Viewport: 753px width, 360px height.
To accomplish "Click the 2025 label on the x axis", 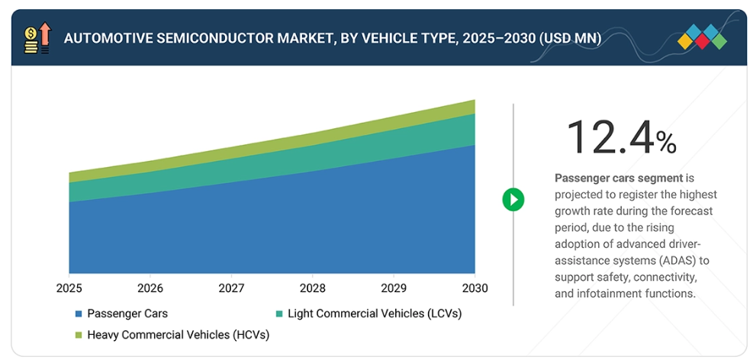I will point(69,289).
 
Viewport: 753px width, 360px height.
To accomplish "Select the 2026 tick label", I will point(150,289).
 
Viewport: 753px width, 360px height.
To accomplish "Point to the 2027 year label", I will point(231,289).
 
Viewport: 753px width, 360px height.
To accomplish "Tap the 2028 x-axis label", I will point(312,289).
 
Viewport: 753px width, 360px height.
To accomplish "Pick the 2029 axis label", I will point(394,289).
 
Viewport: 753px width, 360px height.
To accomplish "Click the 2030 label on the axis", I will point(475,289).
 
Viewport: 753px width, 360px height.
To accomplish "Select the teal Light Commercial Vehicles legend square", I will point(279,313).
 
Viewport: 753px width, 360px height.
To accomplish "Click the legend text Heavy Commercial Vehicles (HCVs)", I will point(178,335).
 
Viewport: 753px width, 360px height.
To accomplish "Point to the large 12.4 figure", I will point(610,137).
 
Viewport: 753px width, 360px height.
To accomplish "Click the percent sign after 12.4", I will point(665,142).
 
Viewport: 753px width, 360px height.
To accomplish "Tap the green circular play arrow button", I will point(513,200).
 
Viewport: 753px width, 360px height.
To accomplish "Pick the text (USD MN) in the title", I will point(564,37).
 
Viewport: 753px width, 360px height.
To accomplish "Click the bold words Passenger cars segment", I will point(618,178).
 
